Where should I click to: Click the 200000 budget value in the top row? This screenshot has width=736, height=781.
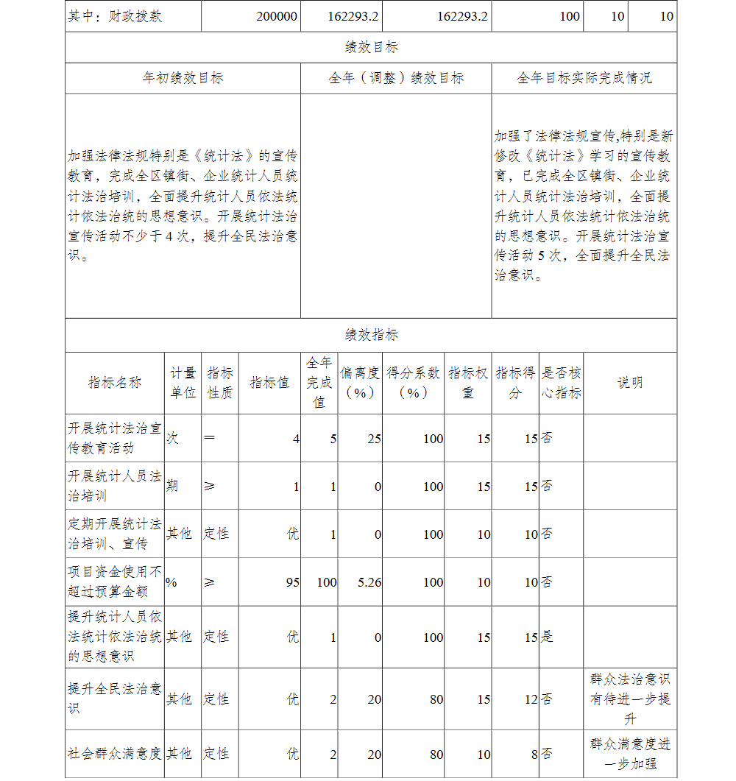[x=277, y=16]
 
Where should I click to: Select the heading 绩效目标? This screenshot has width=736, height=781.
[x=371, y=47]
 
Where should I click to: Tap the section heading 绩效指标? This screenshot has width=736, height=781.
[x=371, y=335]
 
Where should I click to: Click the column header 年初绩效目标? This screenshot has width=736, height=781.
[x=183, y=78]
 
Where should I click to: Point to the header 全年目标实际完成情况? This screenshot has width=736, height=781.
[x=584, y=78]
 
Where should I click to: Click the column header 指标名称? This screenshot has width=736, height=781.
[x=114, y=382]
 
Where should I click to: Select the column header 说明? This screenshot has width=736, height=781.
[x=629, y=382]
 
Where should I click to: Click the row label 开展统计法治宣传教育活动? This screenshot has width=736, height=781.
[x=114, y=438]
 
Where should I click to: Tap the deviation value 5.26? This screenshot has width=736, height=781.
[x=369, y=582]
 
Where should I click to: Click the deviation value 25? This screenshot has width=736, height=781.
[x=374, y=439]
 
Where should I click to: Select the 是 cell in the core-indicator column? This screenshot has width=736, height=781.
[x=547, y=637]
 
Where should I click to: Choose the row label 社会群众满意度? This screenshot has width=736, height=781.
[x=114, y=754]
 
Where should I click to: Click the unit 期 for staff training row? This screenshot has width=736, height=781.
[x=171, y=486]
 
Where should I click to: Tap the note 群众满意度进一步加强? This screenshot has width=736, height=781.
[x=629, y=754]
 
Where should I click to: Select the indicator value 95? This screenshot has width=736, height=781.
[x=292, y=582]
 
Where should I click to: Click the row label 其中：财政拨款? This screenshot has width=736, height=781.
[x=114, y=16]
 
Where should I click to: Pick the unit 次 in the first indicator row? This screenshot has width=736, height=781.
[x=171, y=438]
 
